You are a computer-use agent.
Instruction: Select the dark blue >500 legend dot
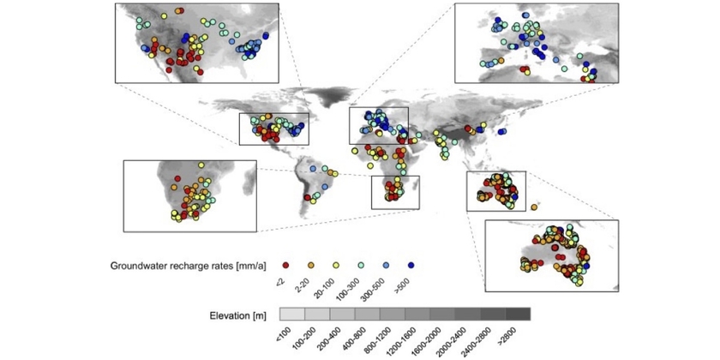pyautogui.click(x=412, y=265)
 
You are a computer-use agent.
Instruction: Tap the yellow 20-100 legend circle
pyautogui.click(x=336, y=265)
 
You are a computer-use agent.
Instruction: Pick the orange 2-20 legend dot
pyautogui.click(x=311, y=265)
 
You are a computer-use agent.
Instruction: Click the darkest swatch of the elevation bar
pyautogui.click(x=519, y=314)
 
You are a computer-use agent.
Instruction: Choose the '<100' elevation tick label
pyautogui.click(x=287, y=332)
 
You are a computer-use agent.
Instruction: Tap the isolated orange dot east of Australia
pyautogui.click(x=535, y=207)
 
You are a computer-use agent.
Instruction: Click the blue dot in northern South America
pyautogui.click(x=313, y=168)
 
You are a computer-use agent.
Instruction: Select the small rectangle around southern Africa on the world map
pyautogui.click(x=395, y=192)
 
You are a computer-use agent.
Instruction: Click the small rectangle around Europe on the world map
pyautogui.click(x=379, y=125)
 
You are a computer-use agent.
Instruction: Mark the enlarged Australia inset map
pyautogui.click(x=551, y=256)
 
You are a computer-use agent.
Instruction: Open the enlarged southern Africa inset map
pyautogui.click(x=189, y=195)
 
